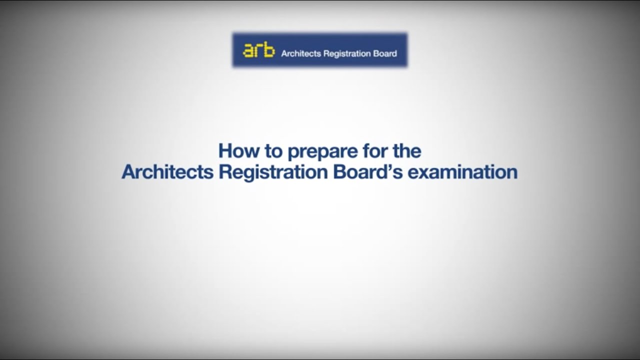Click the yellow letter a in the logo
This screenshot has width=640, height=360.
(x=248, y=51)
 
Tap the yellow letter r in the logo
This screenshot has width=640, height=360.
(x=259, y=51)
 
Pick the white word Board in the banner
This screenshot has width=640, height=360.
(x=385, y=53)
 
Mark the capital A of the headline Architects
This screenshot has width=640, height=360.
(x=128, y=172)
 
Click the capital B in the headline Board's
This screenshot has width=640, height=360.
(x=338, y=172)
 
